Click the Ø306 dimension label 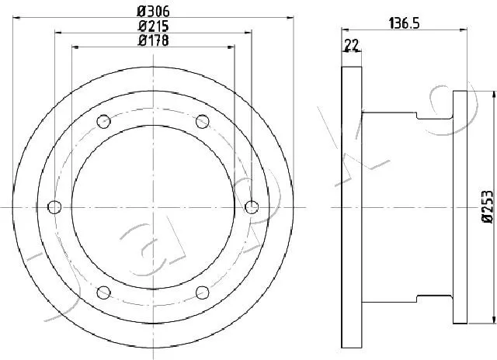tap(154, 12)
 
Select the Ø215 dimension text tap(154, 26)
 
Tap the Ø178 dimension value tap(154, 40)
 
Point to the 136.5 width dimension tap(404, 23)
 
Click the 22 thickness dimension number tap(351, 45)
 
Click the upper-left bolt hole tap(103, 122)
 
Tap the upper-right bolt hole tap(203, 122)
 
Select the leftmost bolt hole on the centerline tap(54, 207)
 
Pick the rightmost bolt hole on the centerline tap(252, 207)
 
